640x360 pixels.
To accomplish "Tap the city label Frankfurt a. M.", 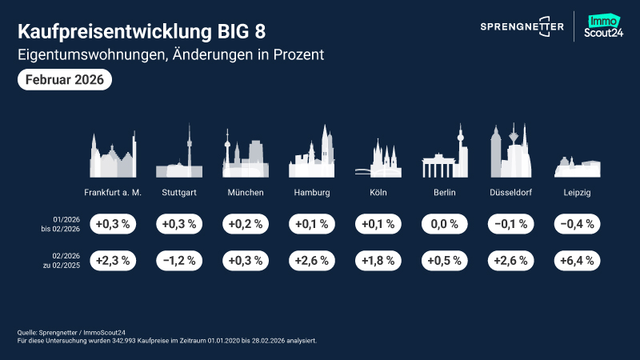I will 113,193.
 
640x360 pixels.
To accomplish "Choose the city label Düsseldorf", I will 511,193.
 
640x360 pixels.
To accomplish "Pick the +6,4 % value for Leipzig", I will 578,260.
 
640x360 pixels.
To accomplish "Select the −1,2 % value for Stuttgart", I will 179,260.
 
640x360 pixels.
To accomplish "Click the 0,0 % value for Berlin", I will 445,224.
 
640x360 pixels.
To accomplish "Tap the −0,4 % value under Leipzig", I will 578,224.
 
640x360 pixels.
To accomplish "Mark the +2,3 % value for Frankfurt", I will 113,260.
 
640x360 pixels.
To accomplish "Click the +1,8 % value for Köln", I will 378,260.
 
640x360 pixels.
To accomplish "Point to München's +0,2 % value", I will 246,224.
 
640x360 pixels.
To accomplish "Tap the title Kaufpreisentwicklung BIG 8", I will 141,32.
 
